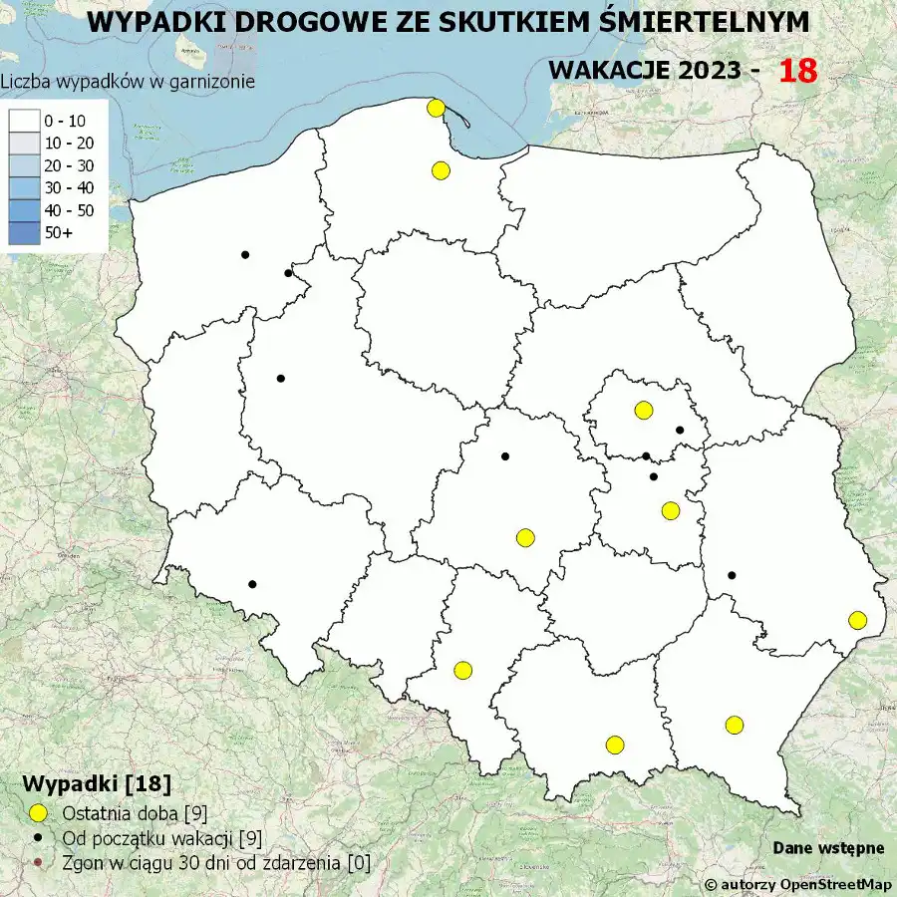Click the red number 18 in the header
coord(797,71)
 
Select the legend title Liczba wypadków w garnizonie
coord(128,82)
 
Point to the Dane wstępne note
coord(828,848)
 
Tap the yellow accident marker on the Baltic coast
coord(435,108)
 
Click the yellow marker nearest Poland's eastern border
coord(857,620)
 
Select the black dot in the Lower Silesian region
coord(252,584)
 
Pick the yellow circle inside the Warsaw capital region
coord(643,410)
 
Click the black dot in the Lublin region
coord(732,575)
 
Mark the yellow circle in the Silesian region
coord(462,670)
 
